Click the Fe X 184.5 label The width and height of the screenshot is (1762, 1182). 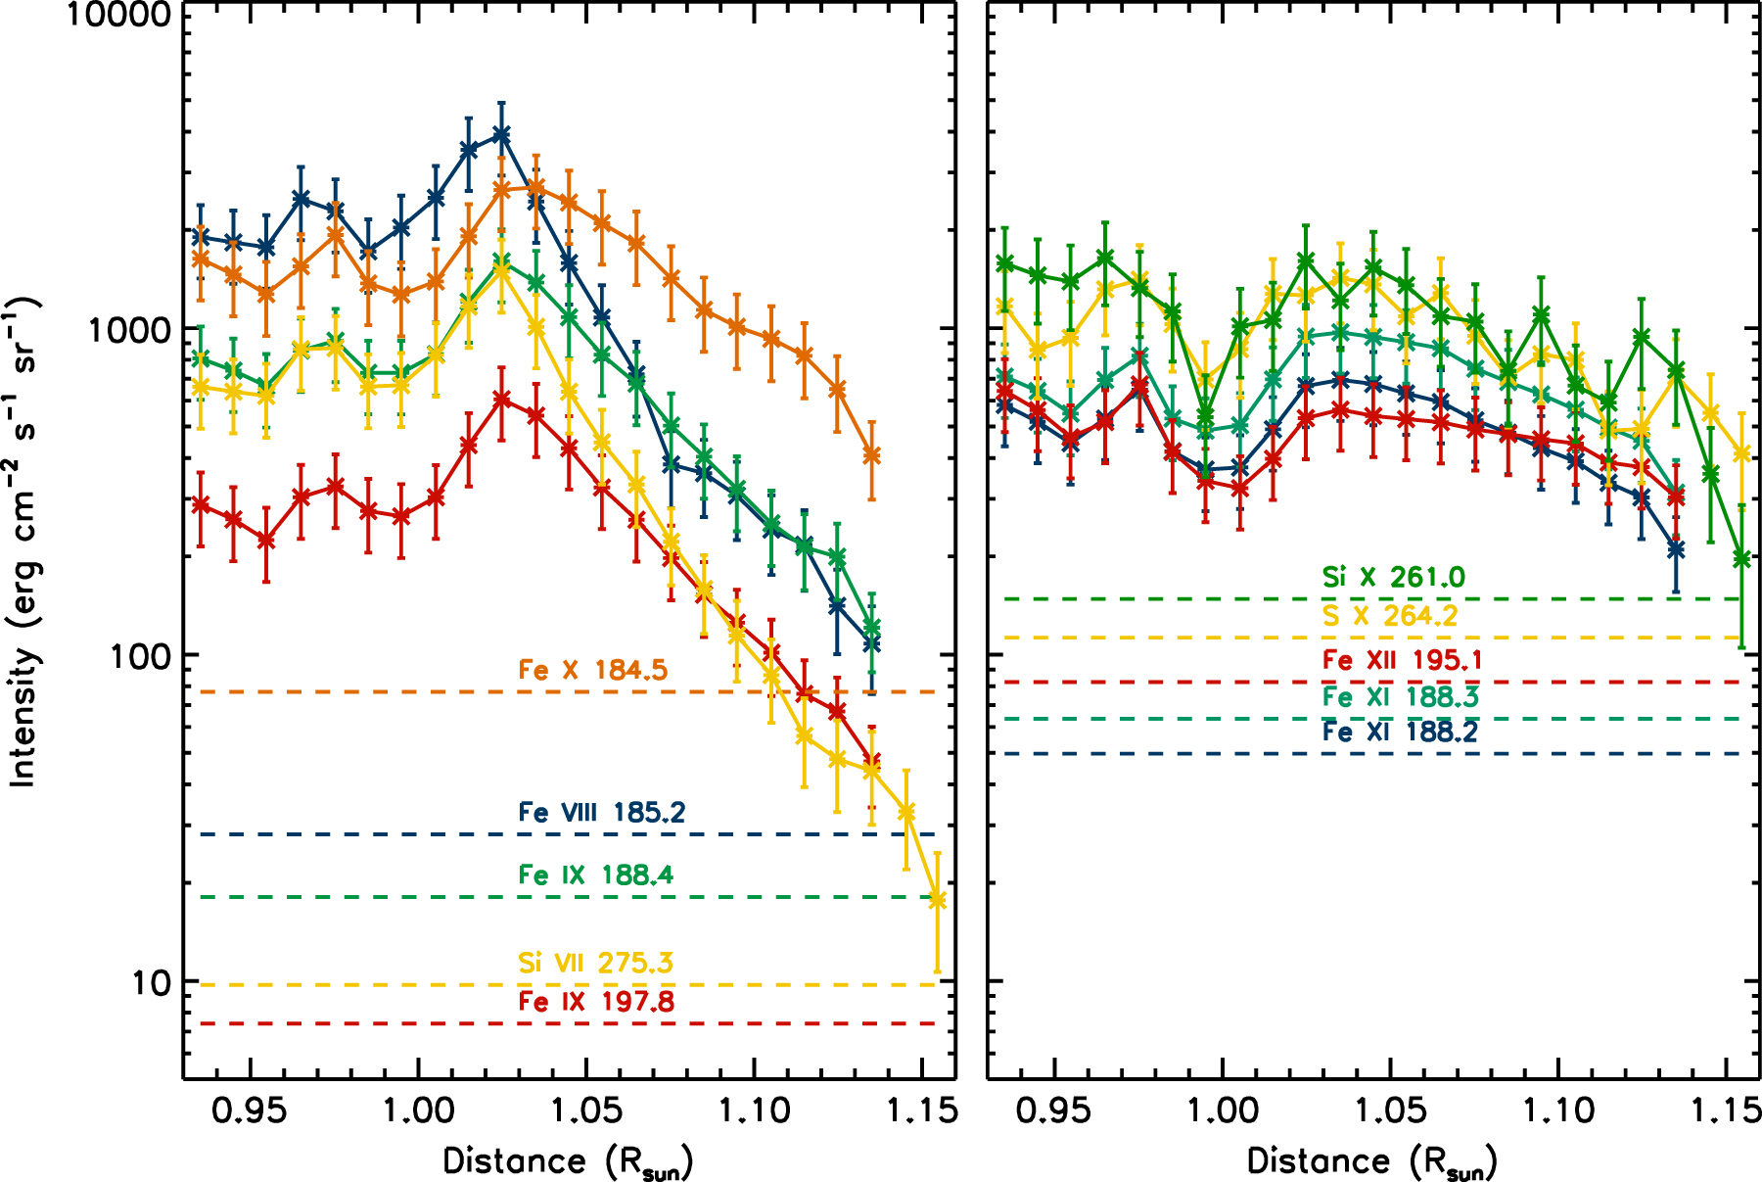(x=592, y=670)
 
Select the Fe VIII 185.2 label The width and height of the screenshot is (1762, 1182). (x=601, y=812)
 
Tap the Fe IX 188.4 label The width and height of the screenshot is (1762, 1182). (x=595, y=875)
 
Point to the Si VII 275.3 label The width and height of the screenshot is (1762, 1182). (x=595, y=963)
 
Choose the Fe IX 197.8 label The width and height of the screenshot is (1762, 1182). (x=595, y=1001)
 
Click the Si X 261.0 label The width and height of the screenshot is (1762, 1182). (x=1393, y=577)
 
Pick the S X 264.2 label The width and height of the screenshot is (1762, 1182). (x=1389, y=615)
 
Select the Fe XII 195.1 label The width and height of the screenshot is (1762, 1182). (x=1401, y=660)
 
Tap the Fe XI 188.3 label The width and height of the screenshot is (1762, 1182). (x=1400, y=696)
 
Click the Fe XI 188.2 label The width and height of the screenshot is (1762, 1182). (x=1400, y=732)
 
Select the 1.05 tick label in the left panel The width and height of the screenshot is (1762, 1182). (x=585, y=1111)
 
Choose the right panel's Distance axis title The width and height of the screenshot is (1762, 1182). (x=1371, y=1162)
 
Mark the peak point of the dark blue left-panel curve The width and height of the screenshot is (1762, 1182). (x=501, y=134)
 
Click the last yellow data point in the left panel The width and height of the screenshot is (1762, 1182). (x=937, y=900)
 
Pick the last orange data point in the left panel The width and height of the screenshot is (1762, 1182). (x=871, y=454)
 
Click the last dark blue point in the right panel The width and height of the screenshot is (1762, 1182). (x=1676, y=549)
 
